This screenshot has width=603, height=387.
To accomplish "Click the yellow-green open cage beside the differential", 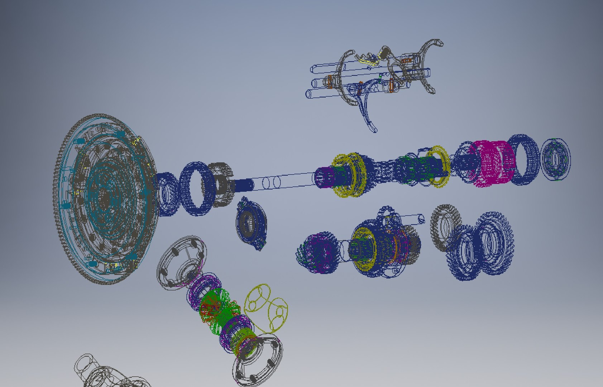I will (x=266, y=308).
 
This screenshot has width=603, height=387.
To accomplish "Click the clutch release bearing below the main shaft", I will (x=252, y=224).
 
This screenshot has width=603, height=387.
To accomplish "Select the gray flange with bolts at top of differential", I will (x=182, y=262).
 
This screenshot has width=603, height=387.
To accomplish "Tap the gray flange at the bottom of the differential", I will (x=257, y=360).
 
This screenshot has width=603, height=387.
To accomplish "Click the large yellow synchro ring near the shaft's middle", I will (x=349, y=176).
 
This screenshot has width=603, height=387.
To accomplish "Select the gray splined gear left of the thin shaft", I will (x=221, y=185).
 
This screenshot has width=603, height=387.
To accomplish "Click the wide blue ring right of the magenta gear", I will (x=524, y=159).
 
